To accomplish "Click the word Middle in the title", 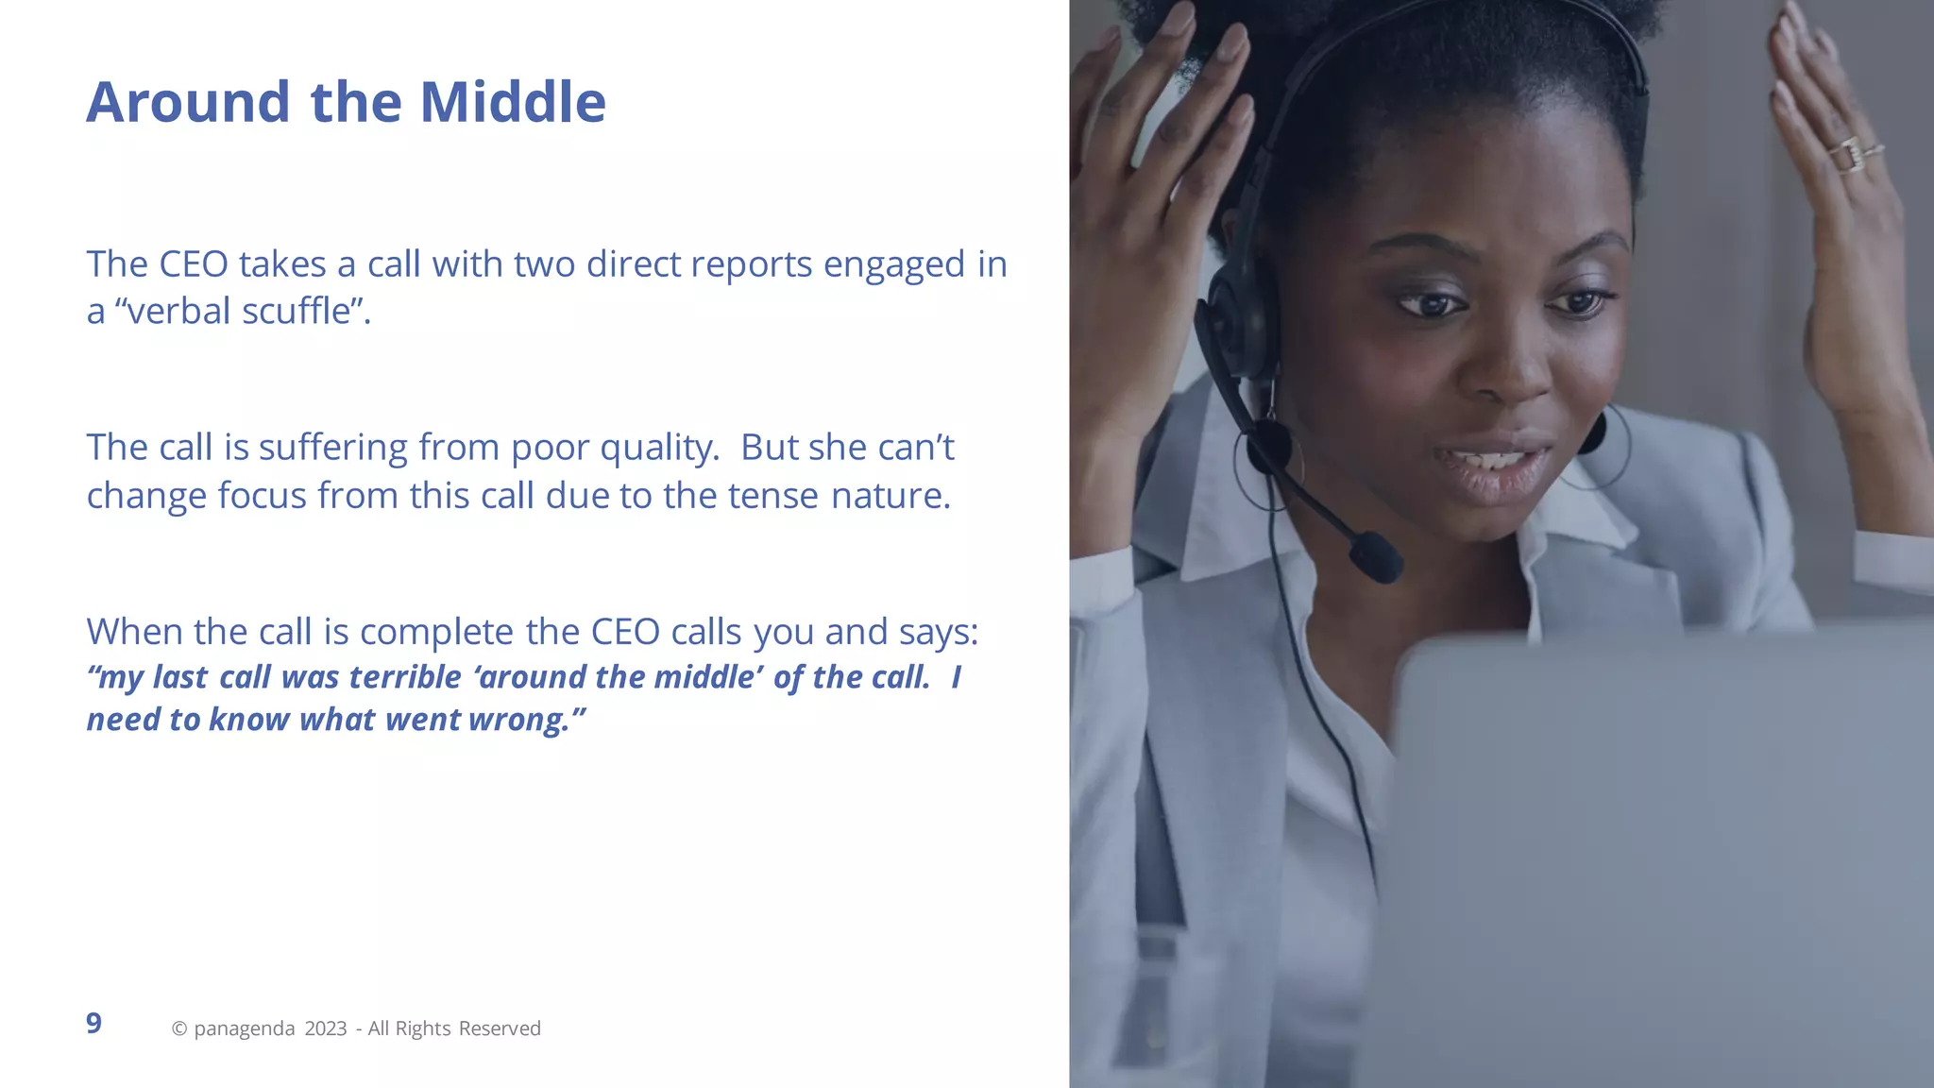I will click(512, 102).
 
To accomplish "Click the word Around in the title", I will click(188, 102).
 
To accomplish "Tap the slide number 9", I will click(93, 1023).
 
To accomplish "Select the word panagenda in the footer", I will click(244, 1028).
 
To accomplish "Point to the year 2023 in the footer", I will click(326, 1028).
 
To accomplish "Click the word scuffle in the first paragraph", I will click(296, 311).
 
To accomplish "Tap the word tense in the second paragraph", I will click(772, 495).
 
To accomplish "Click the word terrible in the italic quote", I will click(405, 677).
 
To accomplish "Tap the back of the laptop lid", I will click(1662, 850).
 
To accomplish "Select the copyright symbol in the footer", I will click(178, 1028).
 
